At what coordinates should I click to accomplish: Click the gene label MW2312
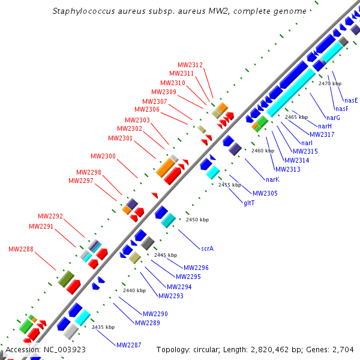(x=190, y=65)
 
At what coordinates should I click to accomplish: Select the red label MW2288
(x=21, y=249)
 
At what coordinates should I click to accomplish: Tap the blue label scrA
(x=208, y=247)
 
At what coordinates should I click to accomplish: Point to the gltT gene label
(x=249, y=203)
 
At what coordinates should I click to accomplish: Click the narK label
(x=272, y=179)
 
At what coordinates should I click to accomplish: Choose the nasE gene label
(x=351, y=100)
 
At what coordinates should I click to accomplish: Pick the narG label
(x=334, y=118)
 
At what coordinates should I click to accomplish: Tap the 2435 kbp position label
(x=103, y=328)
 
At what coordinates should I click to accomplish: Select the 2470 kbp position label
(x=330, y=84)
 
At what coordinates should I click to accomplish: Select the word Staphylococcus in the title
(x=80, y=11)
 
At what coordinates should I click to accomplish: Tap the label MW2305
(x=265, y=193)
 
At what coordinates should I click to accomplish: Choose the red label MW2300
(x=103, y=157)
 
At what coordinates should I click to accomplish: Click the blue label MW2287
(x=129, y=345)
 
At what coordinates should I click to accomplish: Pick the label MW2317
(x=322, y=134)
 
